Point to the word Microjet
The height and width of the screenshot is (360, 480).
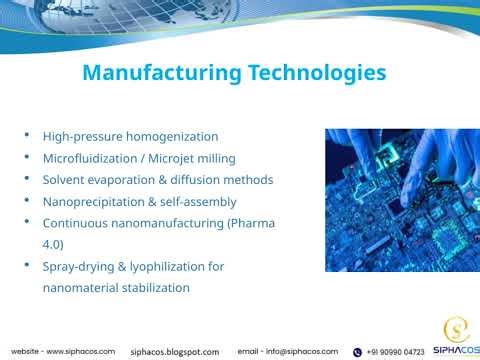(177, 158)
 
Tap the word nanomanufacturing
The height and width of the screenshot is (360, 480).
(163, 223)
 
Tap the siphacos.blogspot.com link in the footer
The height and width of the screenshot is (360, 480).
(175, 352)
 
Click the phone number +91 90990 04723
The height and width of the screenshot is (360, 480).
(395, 352)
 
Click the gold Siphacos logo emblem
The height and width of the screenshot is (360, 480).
(455, 329)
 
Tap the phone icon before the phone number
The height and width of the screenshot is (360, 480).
(357, 352)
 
